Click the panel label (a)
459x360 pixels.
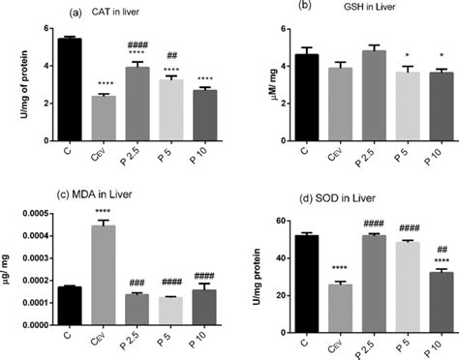pos(74,12)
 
